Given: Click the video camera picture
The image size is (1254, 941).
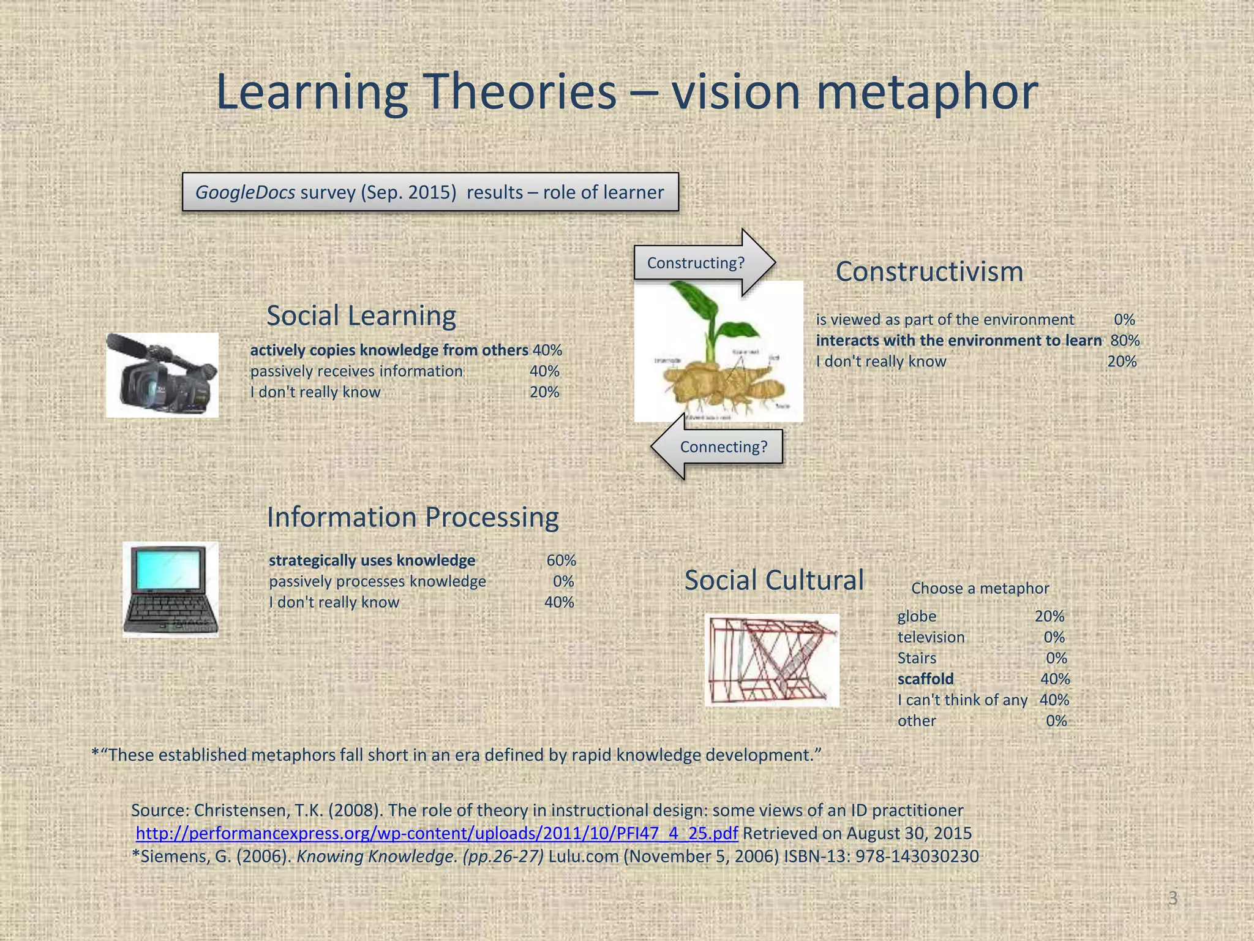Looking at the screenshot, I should pyautogui.click(x=162, y=375).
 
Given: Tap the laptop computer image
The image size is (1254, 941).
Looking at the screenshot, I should pyautogui.click(x=170, y=589).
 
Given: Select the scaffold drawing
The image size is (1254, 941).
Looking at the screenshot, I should pyautogui.click(x=772, y=660).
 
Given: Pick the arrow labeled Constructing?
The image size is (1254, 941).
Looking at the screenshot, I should pyautogui.click(x=704, y=263).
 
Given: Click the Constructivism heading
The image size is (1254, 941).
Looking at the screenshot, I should pyautogui.click(x=929, y=271).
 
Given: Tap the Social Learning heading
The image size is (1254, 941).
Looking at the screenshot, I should pyautogui.click(x=361, y=316).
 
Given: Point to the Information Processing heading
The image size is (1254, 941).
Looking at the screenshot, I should pyautogui.click(x=413, y=517).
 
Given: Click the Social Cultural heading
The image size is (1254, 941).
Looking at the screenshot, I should pyautogui.click(x=774, y=580).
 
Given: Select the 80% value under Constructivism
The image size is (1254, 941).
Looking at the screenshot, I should pyautogui.click(x=1125, y=341).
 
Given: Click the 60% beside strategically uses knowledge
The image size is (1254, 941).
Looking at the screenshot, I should pyautogui.click(x=561, y=561).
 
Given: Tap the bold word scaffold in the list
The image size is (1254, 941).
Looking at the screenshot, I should pyautogui.click(x=925, y=679).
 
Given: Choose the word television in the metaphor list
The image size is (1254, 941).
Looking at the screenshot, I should pyautogui.click(x=931, y=637).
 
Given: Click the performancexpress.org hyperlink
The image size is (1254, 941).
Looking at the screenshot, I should pyautogui.click(x=437, y=833).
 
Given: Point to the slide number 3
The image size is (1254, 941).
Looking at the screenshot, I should pyautogui.click(x=1173, y=898).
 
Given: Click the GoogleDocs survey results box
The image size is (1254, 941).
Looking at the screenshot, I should pyautogui.click(x=430, y=192).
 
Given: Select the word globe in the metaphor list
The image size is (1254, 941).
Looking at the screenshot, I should pyautogui.click(x=917, y=616).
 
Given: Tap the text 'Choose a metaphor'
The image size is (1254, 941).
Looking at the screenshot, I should pyautogui.click(x=980, y=588).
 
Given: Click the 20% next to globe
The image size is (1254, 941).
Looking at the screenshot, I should pyautogui.click(x=1049, y=616).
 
